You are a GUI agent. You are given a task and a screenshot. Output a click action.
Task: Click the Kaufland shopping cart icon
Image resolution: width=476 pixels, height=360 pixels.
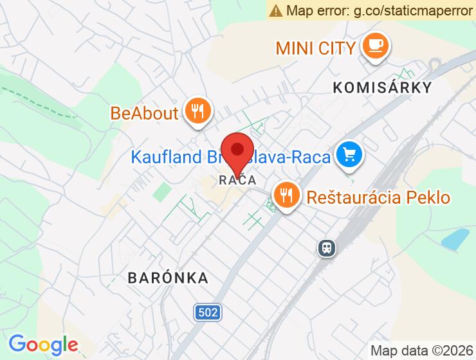[349, 154]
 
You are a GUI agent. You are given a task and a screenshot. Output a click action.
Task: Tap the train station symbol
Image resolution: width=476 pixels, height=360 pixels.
[327, 248]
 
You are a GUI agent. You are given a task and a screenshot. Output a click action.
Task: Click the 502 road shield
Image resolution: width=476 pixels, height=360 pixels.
[207, 313]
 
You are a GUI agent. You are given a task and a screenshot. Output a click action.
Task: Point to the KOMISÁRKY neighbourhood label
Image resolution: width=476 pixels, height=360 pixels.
[381, 87]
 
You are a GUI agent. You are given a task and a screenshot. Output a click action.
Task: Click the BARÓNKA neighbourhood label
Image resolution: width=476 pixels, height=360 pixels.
[168, 278]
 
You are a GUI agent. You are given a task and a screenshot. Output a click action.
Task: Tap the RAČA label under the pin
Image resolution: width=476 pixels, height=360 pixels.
[237, 180]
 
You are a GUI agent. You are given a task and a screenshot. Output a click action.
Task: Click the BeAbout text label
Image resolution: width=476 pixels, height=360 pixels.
[144, 113]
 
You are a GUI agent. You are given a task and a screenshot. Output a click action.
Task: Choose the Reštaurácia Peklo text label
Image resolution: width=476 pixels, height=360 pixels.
[378, 197]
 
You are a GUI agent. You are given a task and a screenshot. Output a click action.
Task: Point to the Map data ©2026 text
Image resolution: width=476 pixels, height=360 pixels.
[421, 350]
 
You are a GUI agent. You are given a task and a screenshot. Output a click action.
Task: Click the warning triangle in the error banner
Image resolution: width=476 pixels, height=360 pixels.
[276, 10]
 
